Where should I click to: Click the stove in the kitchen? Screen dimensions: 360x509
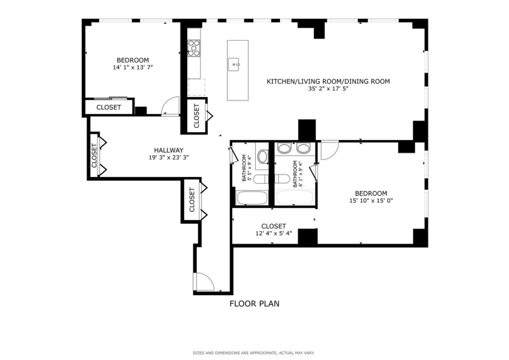pyautogui.click(x=194, y=47)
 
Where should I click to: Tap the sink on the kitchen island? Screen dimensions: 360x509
pyautogui.click(x=234, y=63)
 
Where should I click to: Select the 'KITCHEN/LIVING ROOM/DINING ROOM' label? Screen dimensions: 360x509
pyautogui.click(x=328, y=81)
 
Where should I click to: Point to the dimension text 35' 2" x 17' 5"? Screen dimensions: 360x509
pyautogui.click(x=328, y=88)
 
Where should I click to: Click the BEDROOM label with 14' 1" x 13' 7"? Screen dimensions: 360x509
pyautogui.click(x=133, y=60)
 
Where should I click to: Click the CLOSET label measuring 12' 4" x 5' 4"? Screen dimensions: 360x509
pyautogui.click(x=273, y=226)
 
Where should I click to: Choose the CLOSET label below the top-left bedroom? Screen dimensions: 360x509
pyautogui.click(x=108, y=107)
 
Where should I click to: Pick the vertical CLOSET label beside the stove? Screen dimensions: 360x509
pyautogui.click(x=196, y=115)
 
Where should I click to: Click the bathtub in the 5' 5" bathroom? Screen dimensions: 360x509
pyautogui.click(x=250, y=198)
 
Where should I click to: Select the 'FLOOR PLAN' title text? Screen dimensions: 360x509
pyautogui.click(x=254, y=304)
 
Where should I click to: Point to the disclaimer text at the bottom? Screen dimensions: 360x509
pyautogui.click(x=254, y=352)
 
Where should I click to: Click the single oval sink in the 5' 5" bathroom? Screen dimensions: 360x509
pyautogui.click(x=262, y=158)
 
